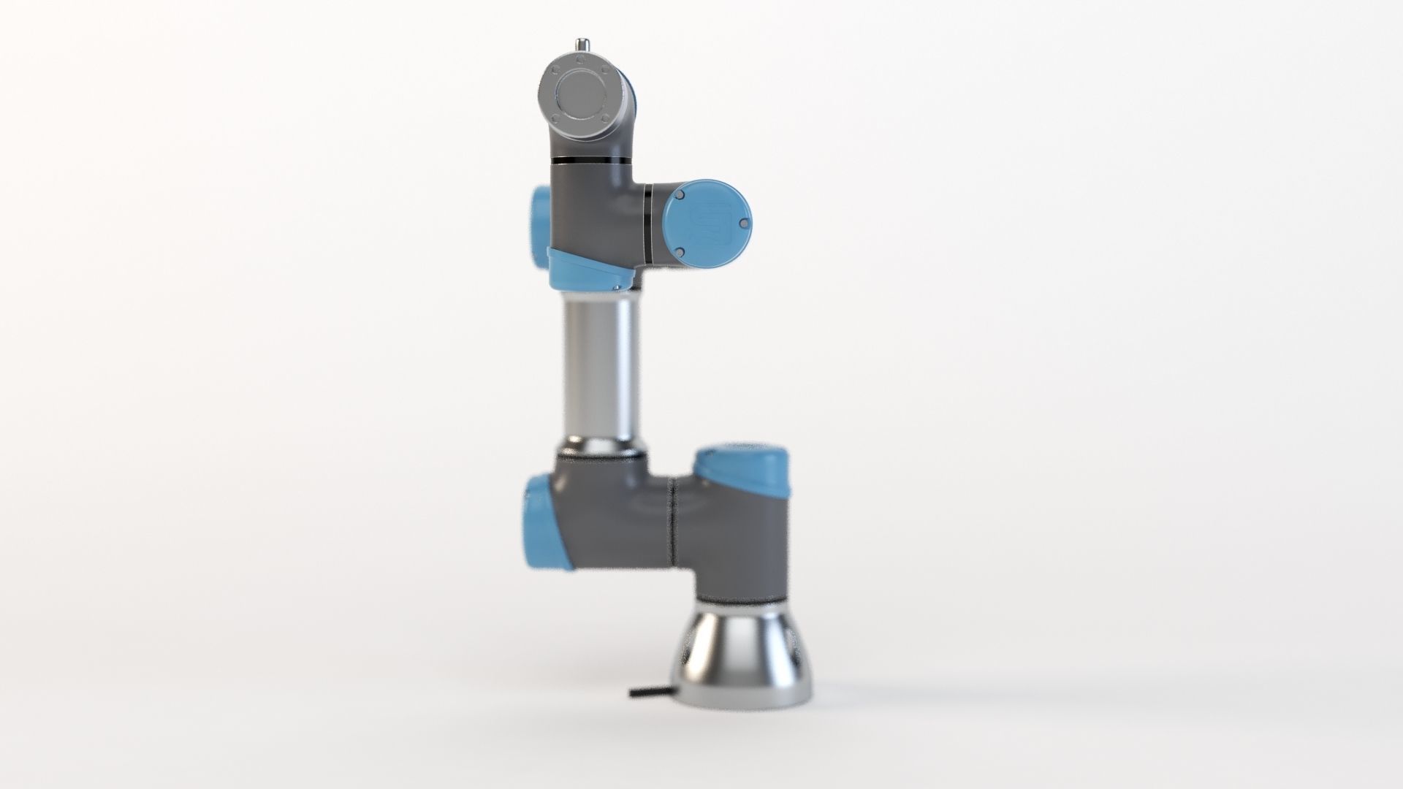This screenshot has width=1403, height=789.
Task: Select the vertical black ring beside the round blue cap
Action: (x=648, y=221)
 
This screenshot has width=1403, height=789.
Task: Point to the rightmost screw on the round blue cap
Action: (x=742, y=223)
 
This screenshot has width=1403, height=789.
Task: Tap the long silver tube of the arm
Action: (x=601, y=365)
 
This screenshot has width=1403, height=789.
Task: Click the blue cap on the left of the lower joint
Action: (x=544, y=520)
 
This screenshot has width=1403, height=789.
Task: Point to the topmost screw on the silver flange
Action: (x=582, y=65)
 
